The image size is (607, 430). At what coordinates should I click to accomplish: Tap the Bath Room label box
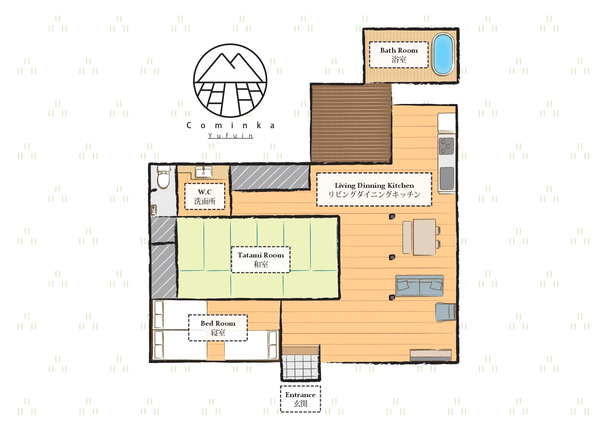coord(399,55)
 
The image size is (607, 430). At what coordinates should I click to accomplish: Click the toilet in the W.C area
coord(163,178)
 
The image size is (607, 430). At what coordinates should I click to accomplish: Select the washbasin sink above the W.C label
coord(203,172)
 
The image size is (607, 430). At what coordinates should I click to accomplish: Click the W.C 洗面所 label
coord(205,196)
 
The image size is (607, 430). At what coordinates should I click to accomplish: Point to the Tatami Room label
coord(261,260)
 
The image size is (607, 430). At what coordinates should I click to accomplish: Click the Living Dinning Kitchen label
coord(374,190)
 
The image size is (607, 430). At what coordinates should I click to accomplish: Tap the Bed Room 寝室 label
coord(218,328)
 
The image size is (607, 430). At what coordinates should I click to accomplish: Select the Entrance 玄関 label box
coord(300,399)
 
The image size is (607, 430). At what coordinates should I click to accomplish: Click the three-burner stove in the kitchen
coord(446,146)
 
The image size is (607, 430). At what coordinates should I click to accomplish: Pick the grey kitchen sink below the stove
coord(447,178)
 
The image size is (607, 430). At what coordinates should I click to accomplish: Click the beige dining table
coord(424,237)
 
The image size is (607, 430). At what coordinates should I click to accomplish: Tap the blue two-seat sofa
coord(419,286)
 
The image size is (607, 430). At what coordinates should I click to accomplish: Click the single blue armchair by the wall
coord(446,311)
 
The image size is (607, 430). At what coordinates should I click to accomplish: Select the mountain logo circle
coord(230,80)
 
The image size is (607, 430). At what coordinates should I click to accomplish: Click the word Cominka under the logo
coord(230,125)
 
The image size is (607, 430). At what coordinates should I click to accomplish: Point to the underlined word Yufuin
coord(230,135)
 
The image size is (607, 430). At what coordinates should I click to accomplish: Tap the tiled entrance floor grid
coord(300,367)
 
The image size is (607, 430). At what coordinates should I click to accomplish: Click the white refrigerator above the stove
coord(447,123)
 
